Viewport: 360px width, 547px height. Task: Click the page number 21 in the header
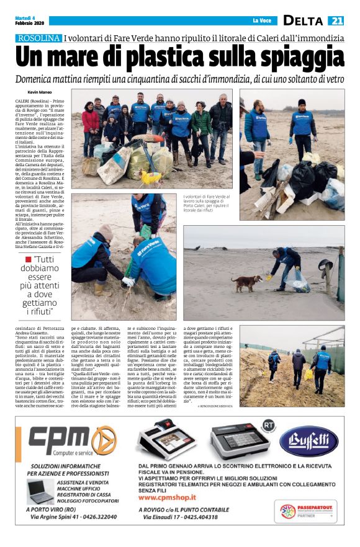(x=335, y=20)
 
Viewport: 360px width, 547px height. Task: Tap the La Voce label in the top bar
(x=260, y=21)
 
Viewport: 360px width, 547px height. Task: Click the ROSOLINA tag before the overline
(x=39, y=38)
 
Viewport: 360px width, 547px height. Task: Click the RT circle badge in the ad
(x=268, y=424)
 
